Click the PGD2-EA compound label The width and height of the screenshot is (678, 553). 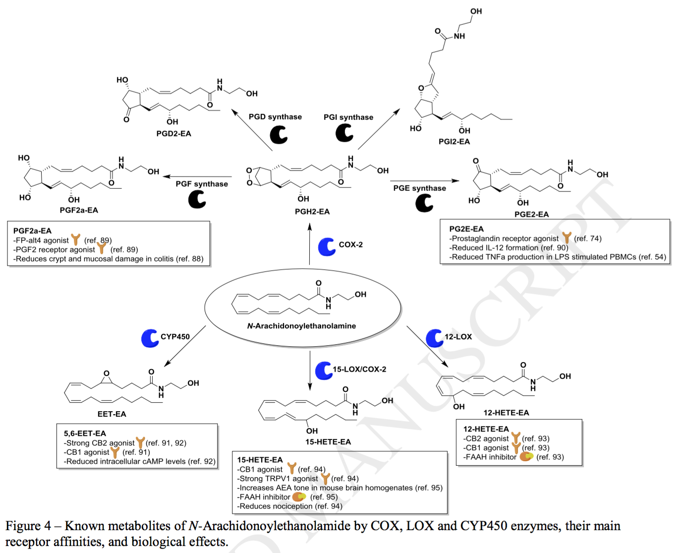point(173,133)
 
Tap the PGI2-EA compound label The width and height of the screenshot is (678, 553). point(454,141)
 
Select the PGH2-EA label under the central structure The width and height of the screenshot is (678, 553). point(312,211)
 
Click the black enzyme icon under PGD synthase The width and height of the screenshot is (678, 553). point(279,135)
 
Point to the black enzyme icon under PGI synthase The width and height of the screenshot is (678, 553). point(344,133)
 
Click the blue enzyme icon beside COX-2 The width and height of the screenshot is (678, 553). point(327,246)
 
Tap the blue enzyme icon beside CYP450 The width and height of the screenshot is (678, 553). point(150,338)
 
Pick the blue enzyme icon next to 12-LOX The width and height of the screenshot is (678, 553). point(435,338)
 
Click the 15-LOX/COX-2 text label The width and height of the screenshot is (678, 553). point(359,369)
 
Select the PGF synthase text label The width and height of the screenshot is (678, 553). point(202,184)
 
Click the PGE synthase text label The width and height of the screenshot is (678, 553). point(419,188)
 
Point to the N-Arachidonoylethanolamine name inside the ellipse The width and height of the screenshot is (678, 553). point(301,326)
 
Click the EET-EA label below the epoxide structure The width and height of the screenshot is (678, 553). point(112,414)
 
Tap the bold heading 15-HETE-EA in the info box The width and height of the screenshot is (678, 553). point(260,460)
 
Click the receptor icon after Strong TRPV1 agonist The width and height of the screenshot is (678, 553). point(325,479)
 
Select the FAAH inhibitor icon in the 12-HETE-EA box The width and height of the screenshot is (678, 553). point(526,456)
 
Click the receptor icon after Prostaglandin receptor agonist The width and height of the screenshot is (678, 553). point(566,238)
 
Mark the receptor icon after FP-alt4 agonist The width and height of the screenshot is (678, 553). point(76,240)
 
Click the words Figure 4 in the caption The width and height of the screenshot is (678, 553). point(28,526)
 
